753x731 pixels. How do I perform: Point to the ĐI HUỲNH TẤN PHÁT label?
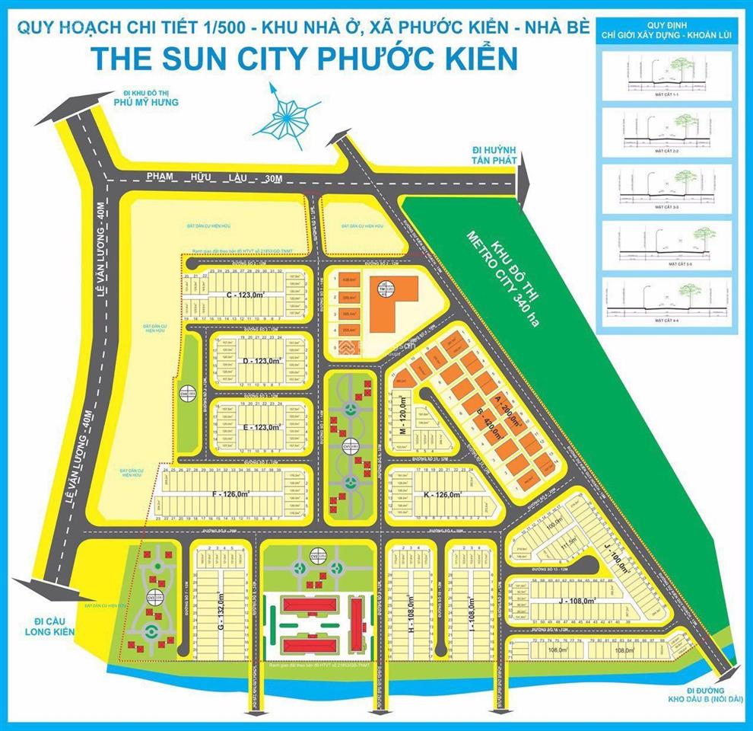click(x=494, y=156)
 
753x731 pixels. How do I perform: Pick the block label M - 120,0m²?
click(x=402, y=417)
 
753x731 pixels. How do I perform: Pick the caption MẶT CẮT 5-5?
click(x=666, y=263)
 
